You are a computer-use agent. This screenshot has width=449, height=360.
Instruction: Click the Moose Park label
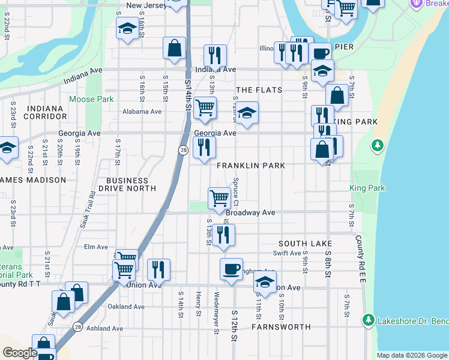(91, 99)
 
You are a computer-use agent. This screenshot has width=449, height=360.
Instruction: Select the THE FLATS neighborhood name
(259, 90)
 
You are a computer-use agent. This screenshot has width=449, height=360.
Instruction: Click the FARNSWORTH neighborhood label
(281, 327)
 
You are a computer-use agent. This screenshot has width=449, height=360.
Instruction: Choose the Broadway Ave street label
(250, 213)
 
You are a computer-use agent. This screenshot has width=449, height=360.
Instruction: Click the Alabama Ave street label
(142, 112)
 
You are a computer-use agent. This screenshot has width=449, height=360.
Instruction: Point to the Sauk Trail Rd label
(88, 211)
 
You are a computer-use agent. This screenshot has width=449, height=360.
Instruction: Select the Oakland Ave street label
(126, 307)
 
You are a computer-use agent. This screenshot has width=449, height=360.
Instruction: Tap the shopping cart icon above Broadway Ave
(219, 197)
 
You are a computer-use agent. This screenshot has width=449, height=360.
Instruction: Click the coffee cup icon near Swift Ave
(231, 268)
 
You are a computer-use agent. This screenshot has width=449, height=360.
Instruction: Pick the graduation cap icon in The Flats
(246, 112)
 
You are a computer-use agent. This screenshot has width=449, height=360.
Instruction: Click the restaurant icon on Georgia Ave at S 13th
(204, 146)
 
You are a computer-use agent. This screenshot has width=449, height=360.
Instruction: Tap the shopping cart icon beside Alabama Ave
(205, 107)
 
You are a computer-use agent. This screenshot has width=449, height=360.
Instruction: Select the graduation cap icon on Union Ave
(265, 282)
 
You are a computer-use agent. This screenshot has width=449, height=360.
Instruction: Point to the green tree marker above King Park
(377, 145)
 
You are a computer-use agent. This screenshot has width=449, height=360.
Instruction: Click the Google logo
(20, 353)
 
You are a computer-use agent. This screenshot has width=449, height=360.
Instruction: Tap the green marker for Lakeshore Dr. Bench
(369, 320)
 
